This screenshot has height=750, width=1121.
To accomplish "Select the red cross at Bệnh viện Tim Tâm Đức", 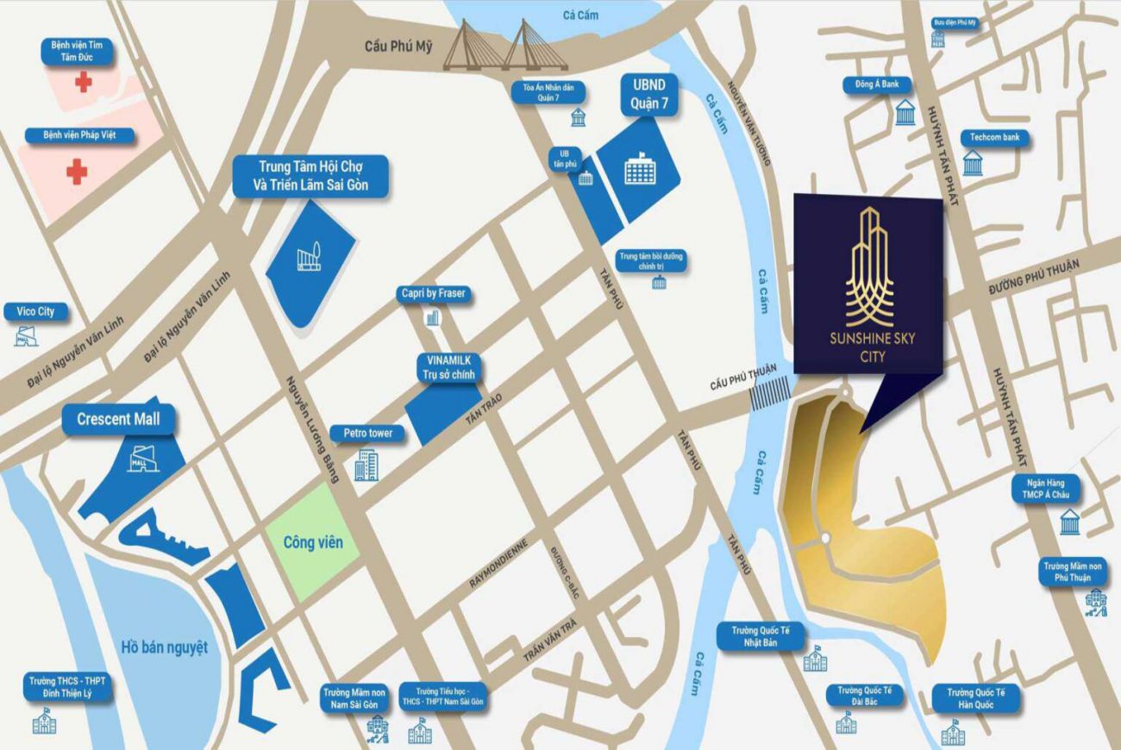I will tap(83, 82).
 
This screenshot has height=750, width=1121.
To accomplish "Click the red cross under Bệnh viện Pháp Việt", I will tap(77, 172).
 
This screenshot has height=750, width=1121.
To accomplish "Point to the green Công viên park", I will tap(312, 542).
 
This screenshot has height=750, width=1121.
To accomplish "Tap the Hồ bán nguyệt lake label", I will tap(164, 647).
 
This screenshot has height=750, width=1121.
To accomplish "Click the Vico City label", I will tap(35, 311).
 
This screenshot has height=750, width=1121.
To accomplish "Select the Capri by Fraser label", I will tap(433, 294).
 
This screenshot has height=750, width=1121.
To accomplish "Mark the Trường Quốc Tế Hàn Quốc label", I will tap(975, 698).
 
